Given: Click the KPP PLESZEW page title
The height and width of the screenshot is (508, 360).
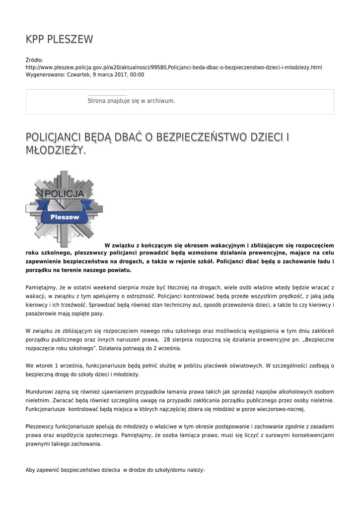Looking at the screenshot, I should tap(59, 40).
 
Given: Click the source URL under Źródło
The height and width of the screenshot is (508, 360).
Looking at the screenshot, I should tap(174, 67).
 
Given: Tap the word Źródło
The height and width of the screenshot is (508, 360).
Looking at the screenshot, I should tap(34, 60).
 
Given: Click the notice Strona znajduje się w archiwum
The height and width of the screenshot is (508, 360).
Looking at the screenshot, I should tap(131, 101).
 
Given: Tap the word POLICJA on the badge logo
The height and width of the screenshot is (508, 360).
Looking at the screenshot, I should tap(64, 192).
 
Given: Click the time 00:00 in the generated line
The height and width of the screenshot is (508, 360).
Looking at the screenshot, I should tap(137, 74).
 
